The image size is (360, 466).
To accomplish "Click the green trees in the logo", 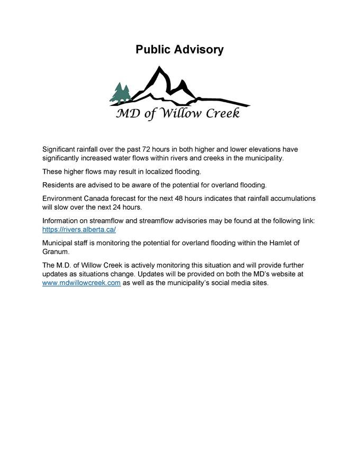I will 120,93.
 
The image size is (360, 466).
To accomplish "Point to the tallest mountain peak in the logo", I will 157,70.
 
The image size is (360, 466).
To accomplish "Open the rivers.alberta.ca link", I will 79,229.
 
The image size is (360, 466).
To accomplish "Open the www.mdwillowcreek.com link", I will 82,283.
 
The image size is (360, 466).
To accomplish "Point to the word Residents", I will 59,185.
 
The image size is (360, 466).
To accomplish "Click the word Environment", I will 64,198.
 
